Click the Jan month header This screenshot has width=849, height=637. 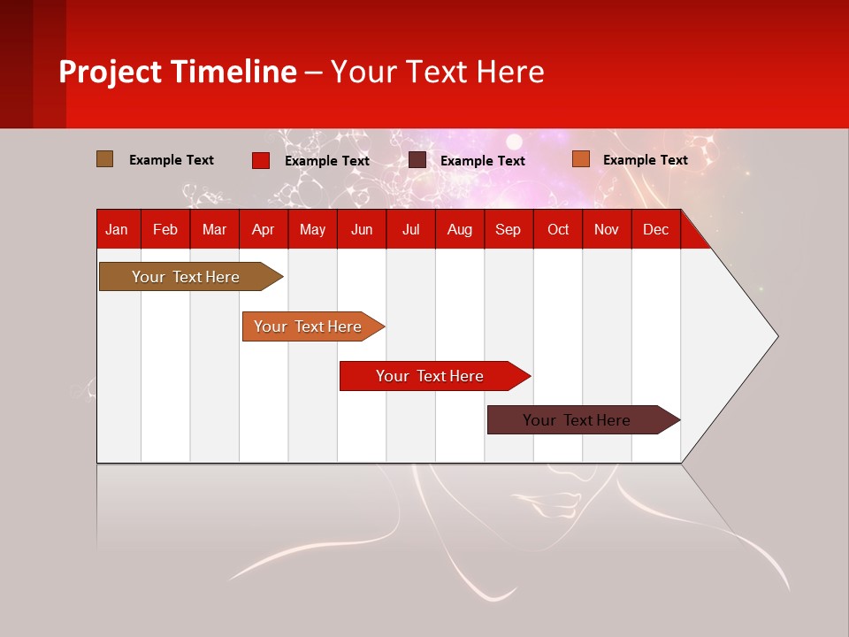(117, 230)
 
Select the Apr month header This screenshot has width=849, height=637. (264, 230)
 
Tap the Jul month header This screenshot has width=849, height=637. (411, 230)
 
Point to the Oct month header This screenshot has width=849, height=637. (558, 230)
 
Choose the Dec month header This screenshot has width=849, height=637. (655, 230)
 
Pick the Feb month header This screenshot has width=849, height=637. (165, 230)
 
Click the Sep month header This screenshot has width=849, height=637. (508, 230)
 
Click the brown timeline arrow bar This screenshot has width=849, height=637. (191, 276)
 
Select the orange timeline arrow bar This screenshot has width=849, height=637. (313, 326)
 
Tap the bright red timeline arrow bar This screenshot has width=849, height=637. (435, 376)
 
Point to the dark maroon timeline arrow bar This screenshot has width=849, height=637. (584, 419)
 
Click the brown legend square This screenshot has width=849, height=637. (104, 159)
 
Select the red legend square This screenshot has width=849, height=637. (261, 160)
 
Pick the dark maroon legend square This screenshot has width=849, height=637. (417, 160)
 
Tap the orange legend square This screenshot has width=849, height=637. (581, 158)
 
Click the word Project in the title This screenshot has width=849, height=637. (110, 73)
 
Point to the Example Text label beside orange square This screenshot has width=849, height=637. (646, 160)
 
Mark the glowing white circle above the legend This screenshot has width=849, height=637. (514, 142)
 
